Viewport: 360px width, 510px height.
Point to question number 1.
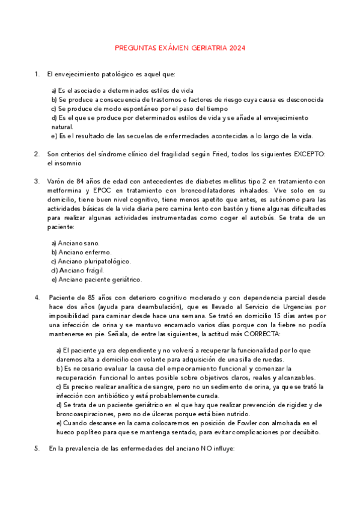tap(37, 74)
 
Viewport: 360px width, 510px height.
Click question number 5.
tap(37, 449)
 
